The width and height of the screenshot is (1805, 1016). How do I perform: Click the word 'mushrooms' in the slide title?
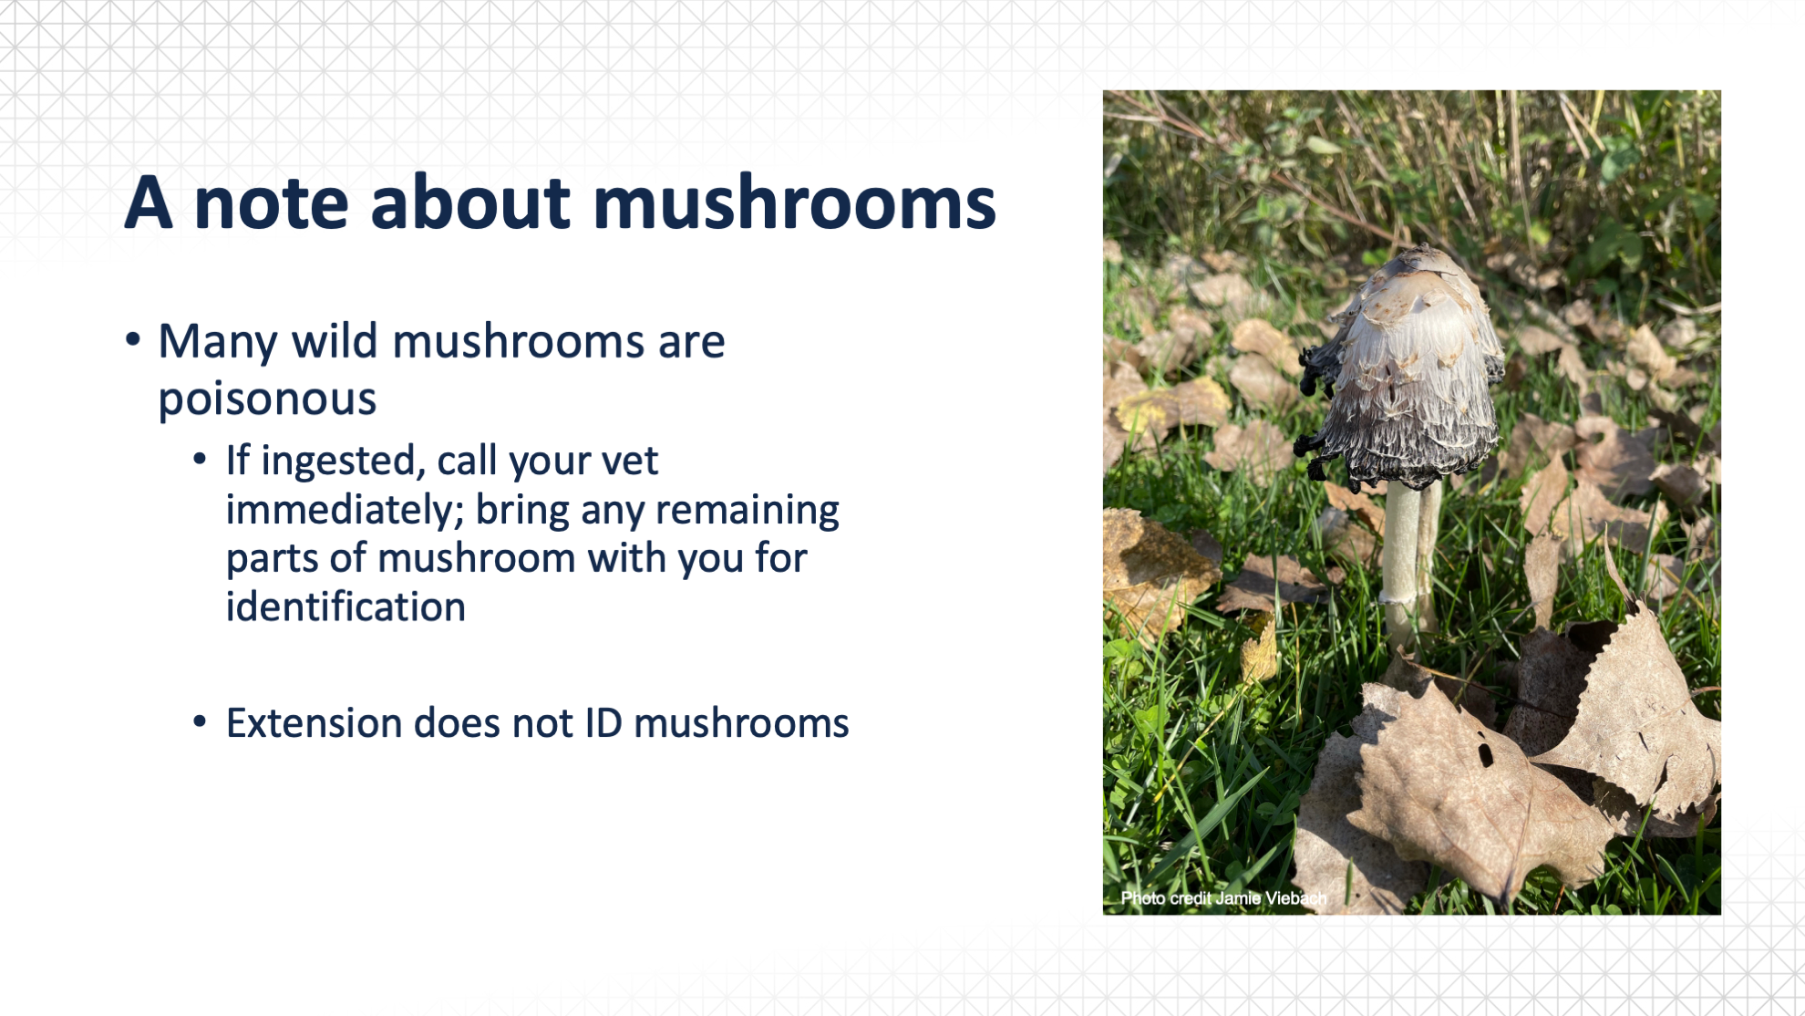(x=794, y=202)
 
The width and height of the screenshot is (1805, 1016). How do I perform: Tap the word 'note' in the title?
(x=271, y=203)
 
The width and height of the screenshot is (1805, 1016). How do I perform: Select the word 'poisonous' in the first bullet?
(x=267, y=399)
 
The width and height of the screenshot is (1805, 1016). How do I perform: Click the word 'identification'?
(x=346, y=607)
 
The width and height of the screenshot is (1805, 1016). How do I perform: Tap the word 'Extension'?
(x=314, y=723)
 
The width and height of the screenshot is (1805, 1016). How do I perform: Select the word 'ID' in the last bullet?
(x=603, y=723)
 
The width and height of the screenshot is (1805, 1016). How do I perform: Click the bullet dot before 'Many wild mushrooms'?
(x=133, y=339)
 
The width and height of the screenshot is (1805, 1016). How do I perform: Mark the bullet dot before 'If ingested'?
(x=200, y=459)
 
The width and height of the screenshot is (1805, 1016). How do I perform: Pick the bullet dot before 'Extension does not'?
(x=200, y=722)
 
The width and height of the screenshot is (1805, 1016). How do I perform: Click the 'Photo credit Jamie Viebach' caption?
(x=1223, y=898)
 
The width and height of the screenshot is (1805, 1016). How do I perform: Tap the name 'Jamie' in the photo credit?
(x=1238, y=898)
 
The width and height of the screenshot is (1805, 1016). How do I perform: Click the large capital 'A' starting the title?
(x=149, y=202)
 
